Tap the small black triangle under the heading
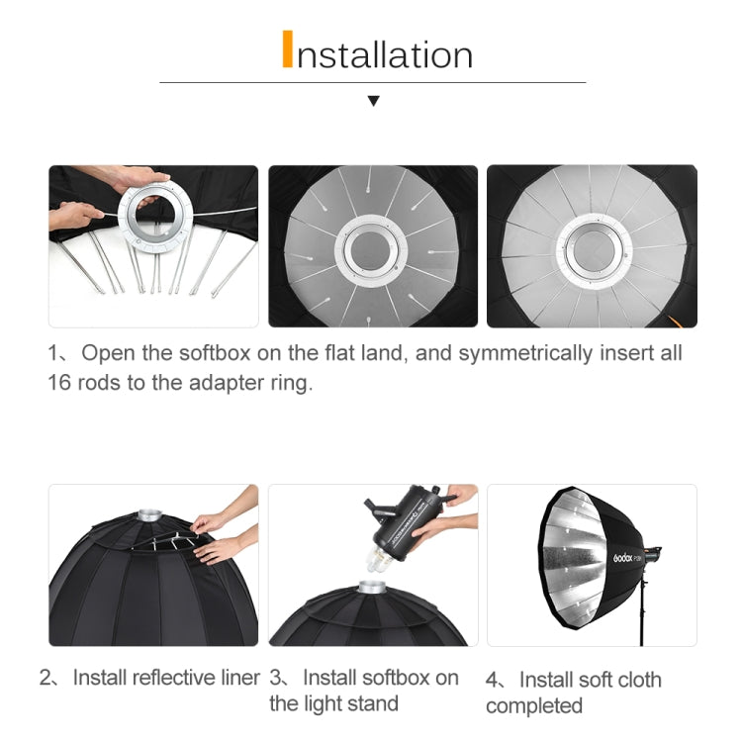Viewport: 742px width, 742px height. (373, 101)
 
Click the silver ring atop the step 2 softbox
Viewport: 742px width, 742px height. (149, 514)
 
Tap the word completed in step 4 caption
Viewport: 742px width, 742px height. (534, 705)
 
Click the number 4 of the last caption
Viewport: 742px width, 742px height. (492, 680)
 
